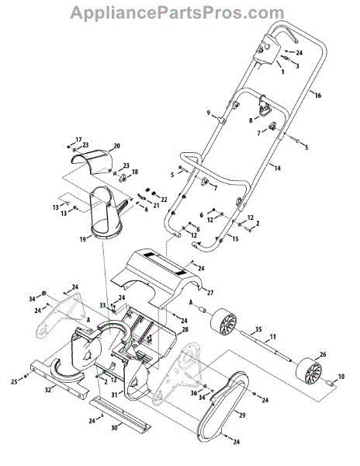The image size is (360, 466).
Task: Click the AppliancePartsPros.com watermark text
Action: click(x=177, y=12)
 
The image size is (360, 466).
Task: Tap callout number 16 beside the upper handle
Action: click(x=317, y=96)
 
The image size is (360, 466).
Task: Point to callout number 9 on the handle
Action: click(x=209, y=113)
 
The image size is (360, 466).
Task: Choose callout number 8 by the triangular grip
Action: click(x=251, y=120)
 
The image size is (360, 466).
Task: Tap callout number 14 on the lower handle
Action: click(x=277, y=169)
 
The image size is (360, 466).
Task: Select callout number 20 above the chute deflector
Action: click(x=116, y=146)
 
